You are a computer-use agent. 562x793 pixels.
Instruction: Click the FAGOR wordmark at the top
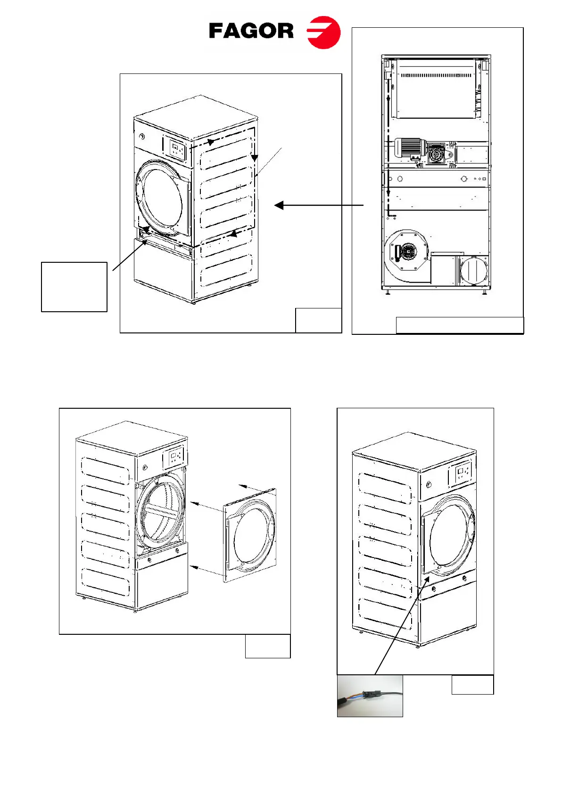251,32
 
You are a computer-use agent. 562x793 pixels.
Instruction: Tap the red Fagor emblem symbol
324,32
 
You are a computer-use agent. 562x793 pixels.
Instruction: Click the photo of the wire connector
370,696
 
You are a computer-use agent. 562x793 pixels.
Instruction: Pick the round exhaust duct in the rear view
473,272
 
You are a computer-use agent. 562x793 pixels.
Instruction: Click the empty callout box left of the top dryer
74,287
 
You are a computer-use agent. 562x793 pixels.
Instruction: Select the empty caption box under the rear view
459,325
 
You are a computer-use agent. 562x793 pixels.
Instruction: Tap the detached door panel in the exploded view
250,535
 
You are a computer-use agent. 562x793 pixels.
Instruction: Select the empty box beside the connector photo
472,685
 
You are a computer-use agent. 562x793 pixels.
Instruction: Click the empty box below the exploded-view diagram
267,646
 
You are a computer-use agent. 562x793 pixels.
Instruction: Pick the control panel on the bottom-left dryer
174,458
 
